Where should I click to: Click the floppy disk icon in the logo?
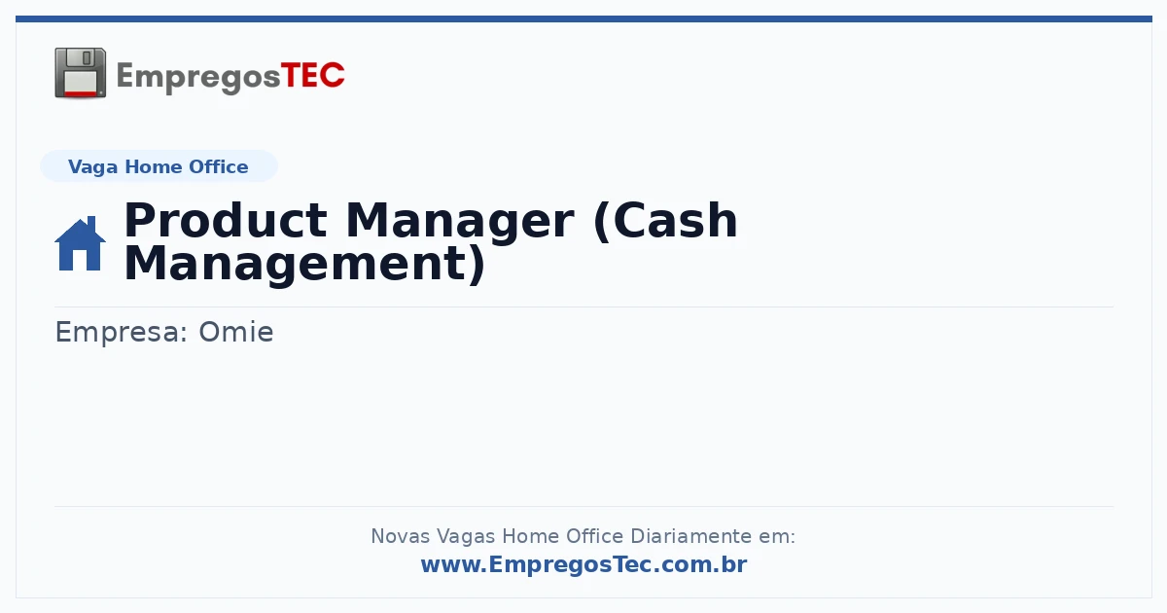[x=80, y=73]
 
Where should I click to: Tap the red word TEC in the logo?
[x=312, y=76]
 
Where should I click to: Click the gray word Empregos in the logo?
[x=198, y=78]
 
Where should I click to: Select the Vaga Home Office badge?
[x=159, y=166]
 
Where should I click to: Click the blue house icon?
[x=80, y=243]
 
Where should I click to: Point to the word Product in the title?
[x=226, y=221]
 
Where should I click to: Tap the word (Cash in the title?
[x=665, y=222]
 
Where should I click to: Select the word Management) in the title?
[x=304, y=265]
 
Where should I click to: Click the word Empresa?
[x=121, y=333]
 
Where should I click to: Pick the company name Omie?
[x=236, y=332]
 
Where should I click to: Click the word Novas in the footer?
[x=400, y=536]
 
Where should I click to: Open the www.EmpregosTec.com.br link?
[x=584, y=564]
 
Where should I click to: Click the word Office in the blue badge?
[x=218, y=166]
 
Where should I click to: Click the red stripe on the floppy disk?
[x=81, y=93]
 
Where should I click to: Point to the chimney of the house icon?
[x=91, y=223]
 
